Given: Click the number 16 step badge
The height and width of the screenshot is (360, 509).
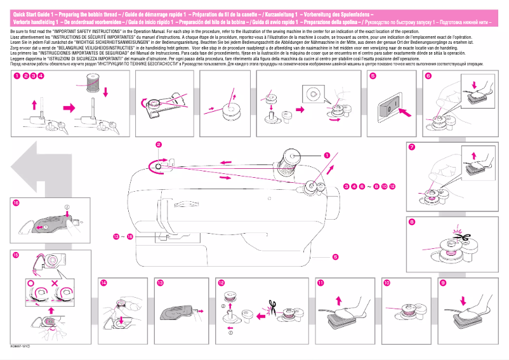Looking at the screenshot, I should tap(16, 203).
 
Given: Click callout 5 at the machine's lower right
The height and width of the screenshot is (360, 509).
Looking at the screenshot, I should tap(334, 257).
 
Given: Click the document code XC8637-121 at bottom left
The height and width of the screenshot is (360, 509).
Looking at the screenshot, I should tap(22, 346).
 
